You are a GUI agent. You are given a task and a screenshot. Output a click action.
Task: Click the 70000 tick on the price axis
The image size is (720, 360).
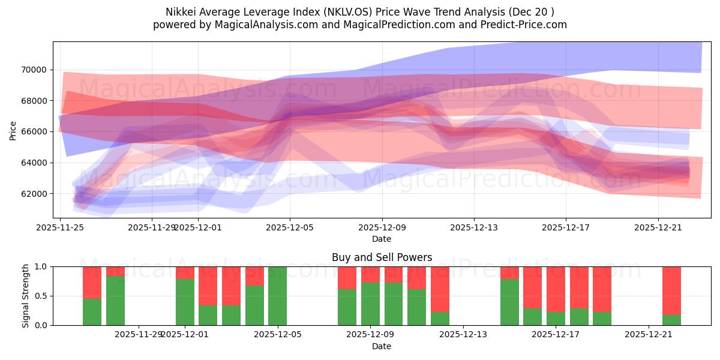[x=35, y=70]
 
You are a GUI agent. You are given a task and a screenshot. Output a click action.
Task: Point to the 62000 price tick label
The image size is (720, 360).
[x=35, y=194]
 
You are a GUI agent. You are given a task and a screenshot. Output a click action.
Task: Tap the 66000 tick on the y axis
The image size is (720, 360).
[x=35, y=131]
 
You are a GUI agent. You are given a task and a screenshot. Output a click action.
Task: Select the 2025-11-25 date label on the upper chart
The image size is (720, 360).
[x=60, y=227]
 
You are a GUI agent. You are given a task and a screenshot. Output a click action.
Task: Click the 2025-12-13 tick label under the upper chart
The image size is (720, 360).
[x=473, y=227]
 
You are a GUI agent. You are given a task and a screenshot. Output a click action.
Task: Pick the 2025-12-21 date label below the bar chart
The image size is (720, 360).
[x=649, y=335]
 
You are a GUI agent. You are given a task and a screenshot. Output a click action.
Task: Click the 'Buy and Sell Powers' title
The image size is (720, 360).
[x=382, y=257]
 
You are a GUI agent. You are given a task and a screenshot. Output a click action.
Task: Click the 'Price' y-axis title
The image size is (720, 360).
[x=13, y=131]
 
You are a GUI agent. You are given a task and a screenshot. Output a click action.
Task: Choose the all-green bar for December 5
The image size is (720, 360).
[x=278, y=296]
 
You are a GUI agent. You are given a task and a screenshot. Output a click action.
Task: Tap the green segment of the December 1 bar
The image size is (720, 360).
[x=185, y=302]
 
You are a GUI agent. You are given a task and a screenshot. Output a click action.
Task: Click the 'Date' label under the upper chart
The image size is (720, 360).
[x=382, y=239]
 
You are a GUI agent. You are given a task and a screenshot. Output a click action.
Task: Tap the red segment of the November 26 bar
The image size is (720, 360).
[x=92, y=282]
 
